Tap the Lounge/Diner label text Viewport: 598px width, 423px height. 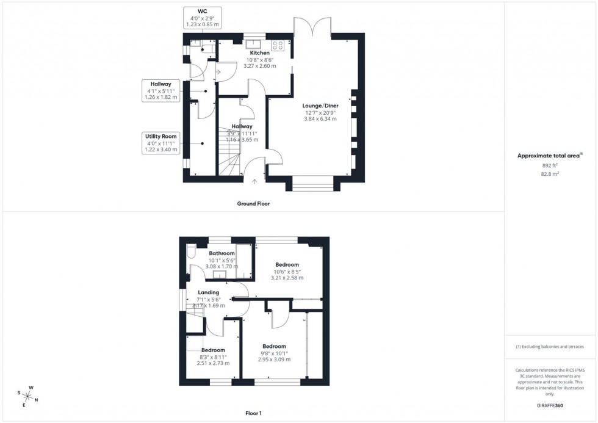pyautogui.click(x=322, y=106)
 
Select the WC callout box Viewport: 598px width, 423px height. pyautogui.click(x=203, y=17)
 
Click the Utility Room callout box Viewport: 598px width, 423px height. pyautogui.click(x=160, y=142)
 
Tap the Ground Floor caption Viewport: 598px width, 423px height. pyautogui.click(x=253, y=204)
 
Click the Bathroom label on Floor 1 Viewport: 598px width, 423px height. pyautogui.click(x=222, y=253)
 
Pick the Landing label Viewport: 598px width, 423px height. pyautogui.click(x=208, y=292)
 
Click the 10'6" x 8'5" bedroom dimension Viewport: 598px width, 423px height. pyautogui.click(x=287, y=272)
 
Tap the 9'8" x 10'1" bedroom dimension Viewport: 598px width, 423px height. pyautogui.click(x=274, y=353)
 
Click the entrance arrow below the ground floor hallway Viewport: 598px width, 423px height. pyautogui.click(x=254, y=181)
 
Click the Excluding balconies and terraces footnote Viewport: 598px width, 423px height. pyautogui.click(x=550, y=347)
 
